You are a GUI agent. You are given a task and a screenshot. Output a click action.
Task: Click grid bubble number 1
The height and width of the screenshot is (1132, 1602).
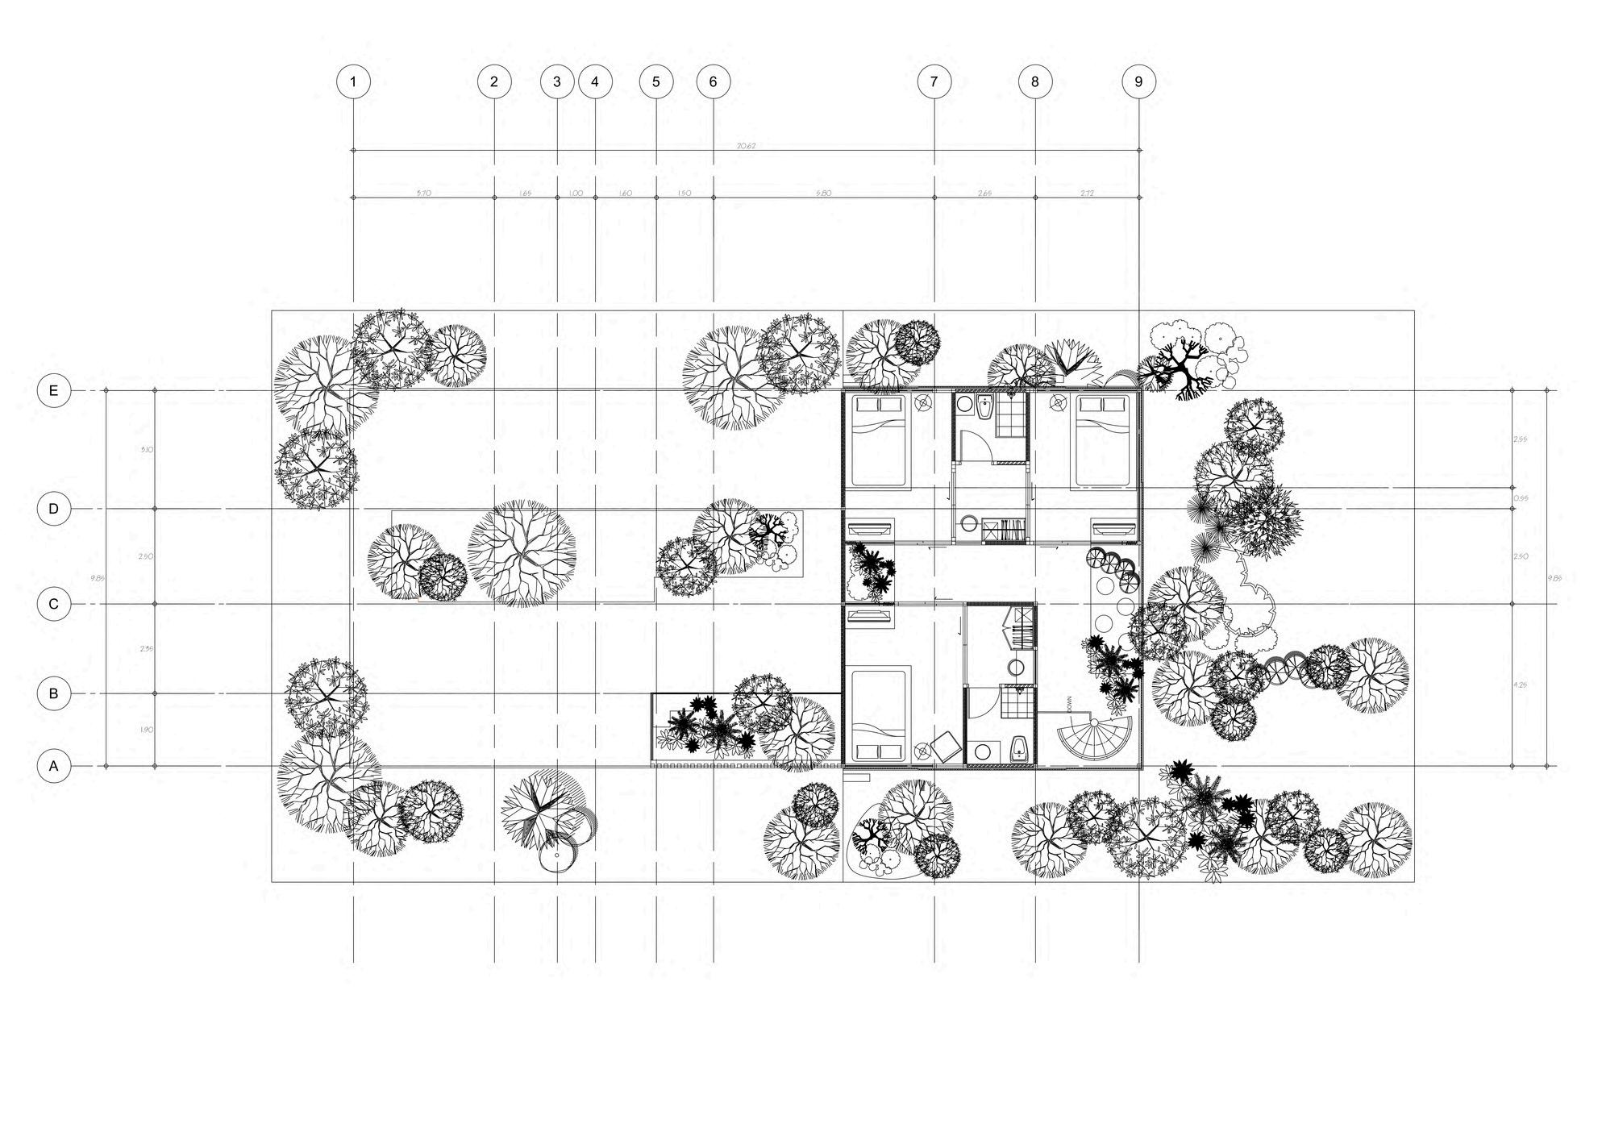pos(353,81)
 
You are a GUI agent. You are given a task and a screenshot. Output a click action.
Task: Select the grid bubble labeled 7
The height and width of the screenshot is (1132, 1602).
pos(934,81)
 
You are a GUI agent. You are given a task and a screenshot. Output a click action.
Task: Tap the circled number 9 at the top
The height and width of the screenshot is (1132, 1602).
pos(1138,81)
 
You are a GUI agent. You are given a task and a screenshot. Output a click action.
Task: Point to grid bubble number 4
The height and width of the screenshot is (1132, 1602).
pos(595,81)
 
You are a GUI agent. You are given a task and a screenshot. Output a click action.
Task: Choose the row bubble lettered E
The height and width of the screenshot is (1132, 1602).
pos(54,391)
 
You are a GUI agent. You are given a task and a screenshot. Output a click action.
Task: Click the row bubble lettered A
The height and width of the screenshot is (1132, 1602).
pos(54,766)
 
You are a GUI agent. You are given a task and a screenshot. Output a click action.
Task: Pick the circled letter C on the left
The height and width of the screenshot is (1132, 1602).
pos(54,604)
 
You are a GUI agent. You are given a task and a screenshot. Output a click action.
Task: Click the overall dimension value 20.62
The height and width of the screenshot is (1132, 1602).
pos(746,146)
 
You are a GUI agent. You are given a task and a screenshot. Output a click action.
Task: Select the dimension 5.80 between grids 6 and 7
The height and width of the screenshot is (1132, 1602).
pos(823,194)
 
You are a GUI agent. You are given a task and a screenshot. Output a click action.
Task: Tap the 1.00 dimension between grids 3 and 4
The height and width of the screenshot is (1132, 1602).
pos(576,194)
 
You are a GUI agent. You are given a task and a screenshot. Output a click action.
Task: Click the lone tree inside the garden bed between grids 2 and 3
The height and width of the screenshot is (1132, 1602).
pos(522,552)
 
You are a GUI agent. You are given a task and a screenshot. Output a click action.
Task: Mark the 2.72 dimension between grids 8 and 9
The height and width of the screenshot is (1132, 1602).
pos(1087,194)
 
